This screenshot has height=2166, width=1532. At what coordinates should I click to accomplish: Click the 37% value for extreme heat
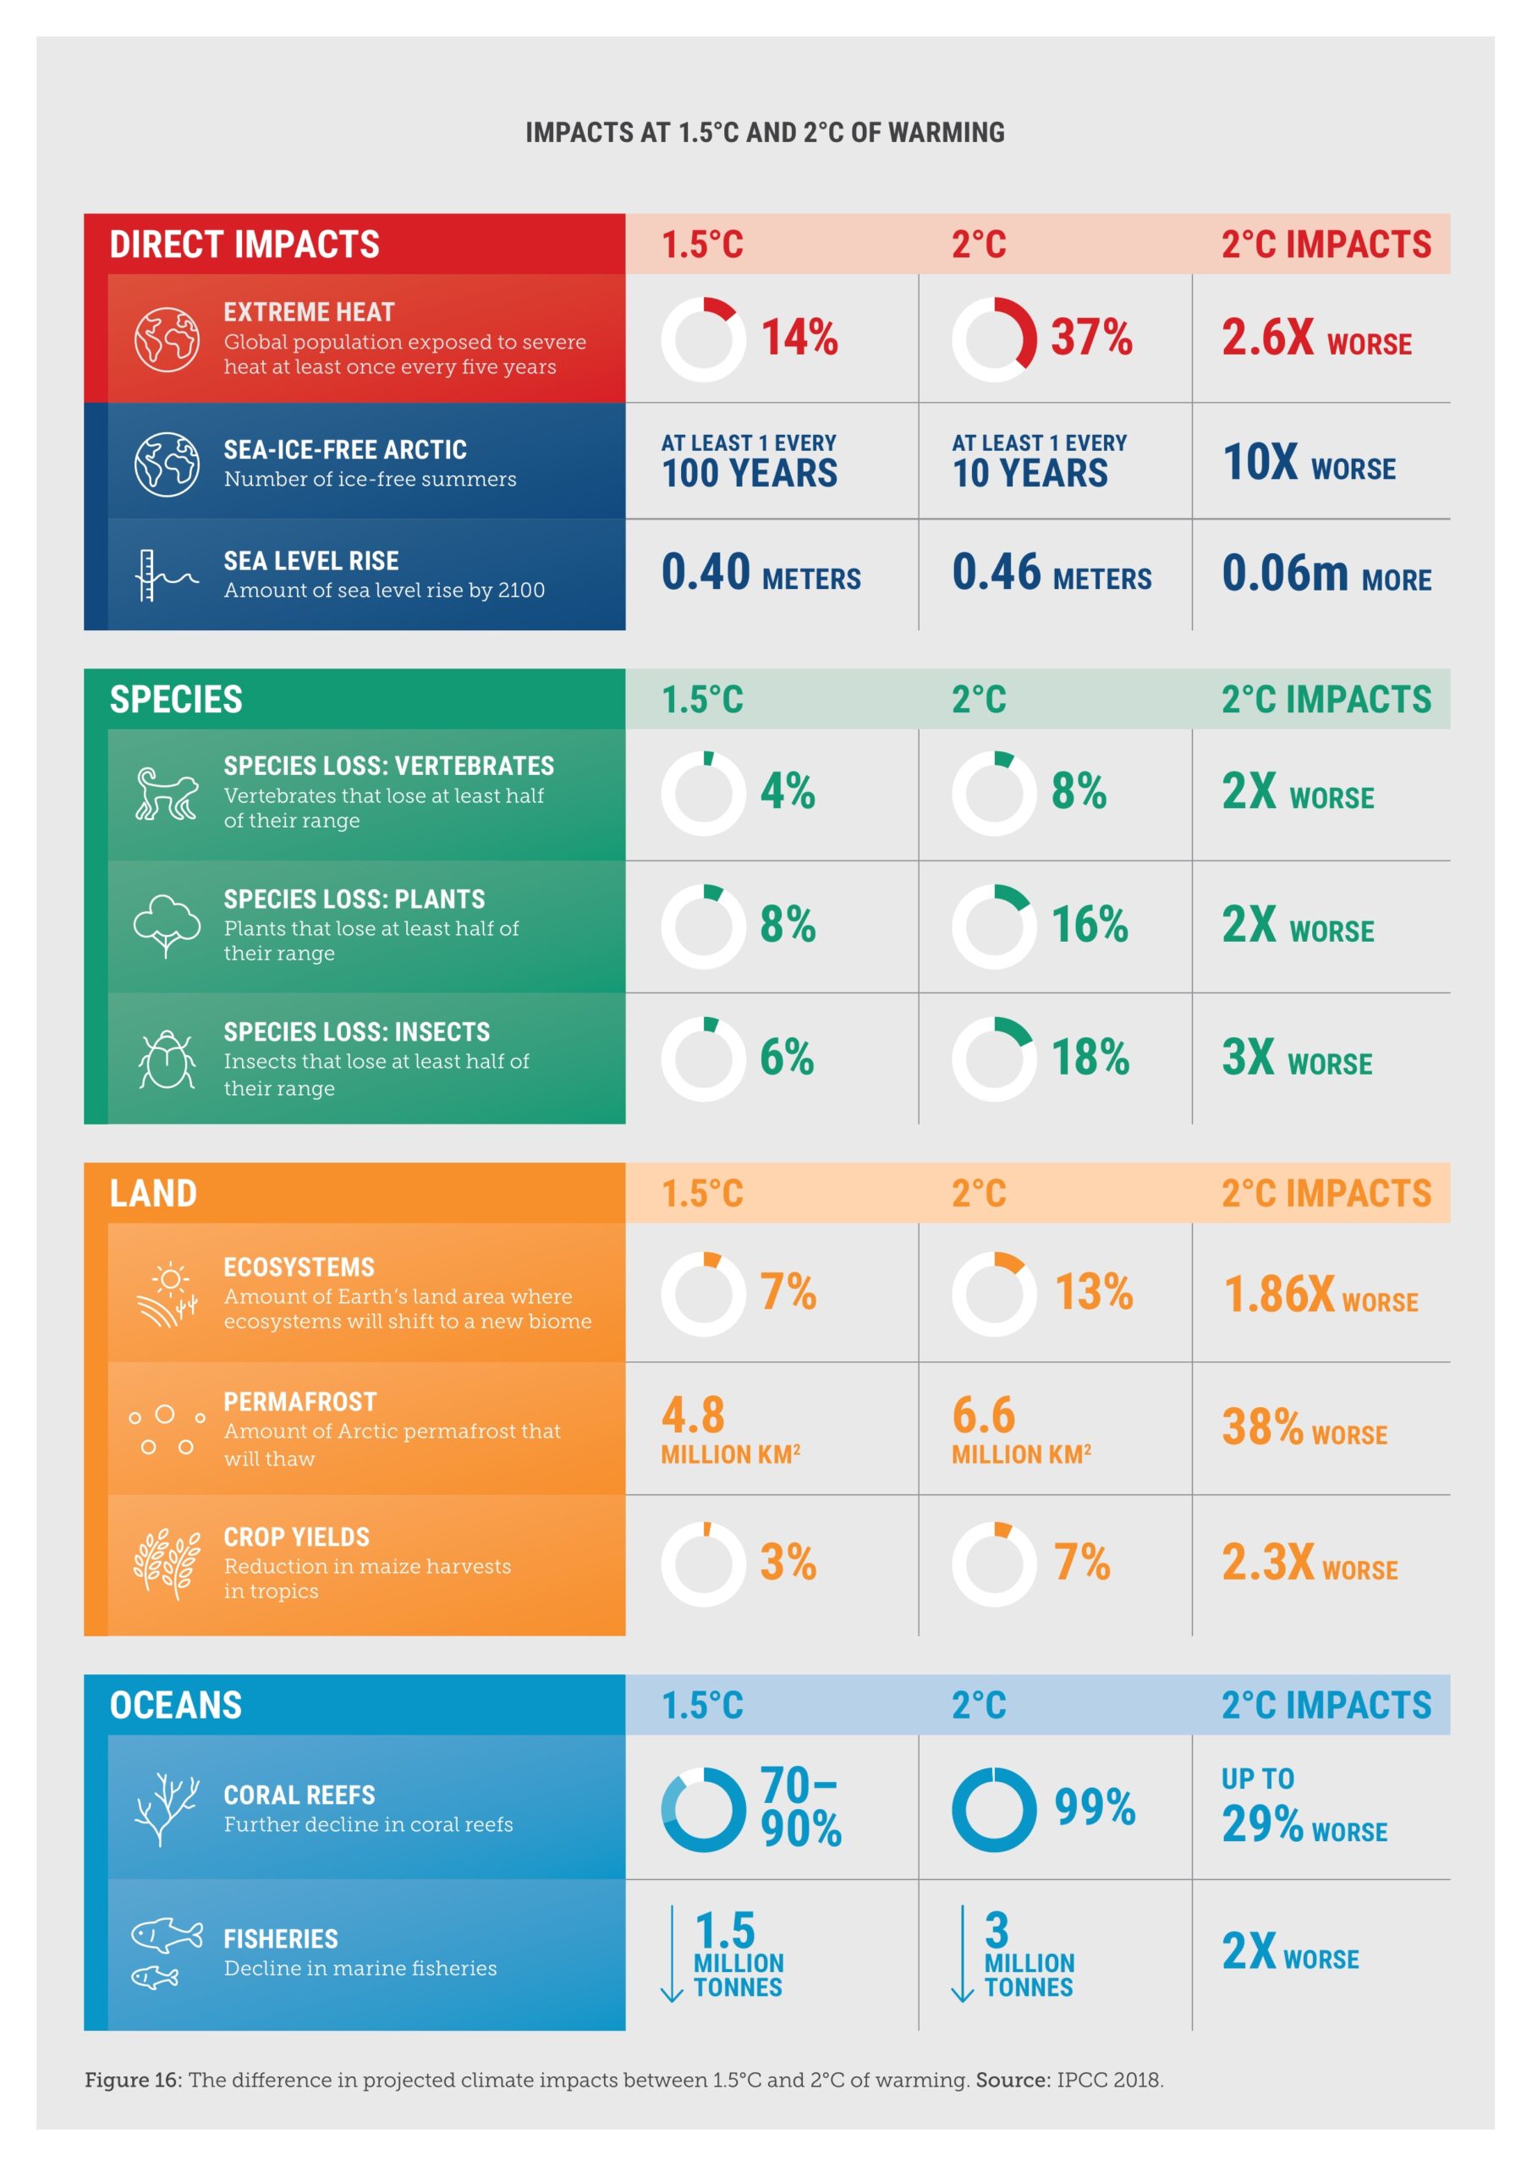point(1090,337)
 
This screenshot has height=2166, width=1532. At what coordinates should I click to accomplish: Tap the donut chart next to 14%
point(703,338)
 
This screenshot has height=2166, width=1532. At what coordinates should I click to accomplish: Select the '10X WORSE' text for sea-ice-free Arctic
point(1309,462)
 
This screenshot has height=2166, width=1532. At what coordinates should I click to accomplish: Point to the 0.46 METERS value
point(1051,573)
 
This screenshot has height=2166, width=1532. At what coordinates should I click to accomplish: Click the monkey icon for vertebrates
point(166,794)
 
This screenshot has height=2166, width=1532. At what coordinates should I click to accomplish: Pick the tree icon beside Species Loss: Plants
point(166,926)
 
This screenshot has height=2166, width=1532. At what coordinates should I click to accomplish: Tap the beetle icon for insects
point(166,1058)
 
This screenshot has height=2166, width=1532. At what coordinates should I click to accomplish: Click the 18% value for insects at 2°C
point(1090,1057)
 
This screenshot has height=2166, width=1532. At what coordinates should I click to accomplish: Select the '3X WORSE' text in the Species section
point(1296,1058)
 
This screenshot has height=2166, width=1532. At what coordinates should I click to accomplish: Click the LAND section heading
point(153,1193)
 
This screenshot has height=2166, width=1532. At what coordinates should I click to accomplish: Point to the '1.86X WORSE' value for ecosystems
point(1319,1295)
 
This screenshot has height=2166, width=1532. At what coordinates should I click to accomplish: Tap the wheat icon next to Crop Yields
point(166,1564)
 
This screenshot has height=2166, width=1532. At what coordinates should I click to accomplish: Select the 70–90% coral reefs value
point(800,1806)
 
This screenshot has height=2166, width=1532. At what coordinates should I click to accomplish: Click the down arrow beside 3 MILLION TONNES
point(962,1952)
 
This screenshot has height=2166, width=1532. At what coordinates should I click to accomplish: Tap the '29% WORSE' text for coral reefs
point(1304,1823)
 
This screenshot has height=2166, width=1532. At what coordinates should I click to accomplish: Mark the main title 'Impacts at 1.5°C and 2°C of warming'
point(765,132)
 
